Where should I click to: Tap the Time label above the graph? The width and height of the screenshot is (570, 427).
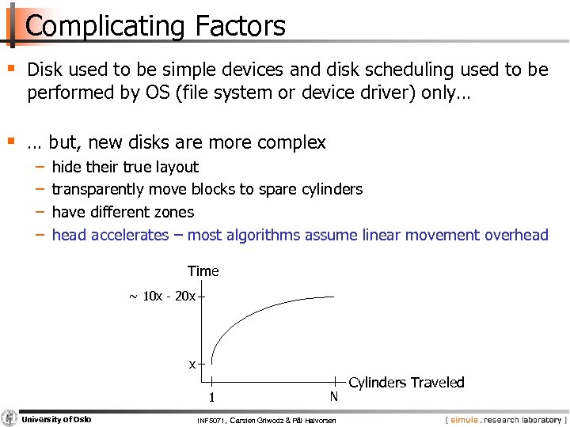click(203, 271)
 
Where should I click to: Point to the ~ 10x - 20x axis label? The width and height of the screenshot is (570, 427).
click(162, 297)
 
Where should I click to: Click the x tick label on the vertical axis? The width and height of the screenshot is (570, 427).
click(192, 365)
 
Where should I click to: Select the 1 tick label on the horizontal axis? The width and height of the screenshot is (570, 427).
click(212, 397)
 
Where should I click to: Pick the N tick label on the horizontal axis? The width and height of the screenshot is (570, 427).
click(333, 396)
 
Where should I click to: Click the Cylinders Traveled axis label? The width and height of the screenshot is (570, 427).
click(406, 383)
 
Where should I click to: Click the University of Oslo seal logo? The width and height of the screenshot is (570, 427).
click(9, 418)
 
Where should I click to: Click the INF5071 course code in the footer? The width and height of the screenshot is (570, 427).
click(211, 420)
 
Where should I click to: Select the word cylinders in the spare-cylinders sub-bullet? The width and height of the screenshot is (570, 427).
click(331, 189)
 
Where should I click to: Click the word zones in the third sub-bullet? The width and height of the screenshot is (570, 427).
click(174, 212)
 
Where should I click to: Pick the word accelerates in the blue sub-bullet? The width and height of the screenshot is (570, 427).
click(130, 235)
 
